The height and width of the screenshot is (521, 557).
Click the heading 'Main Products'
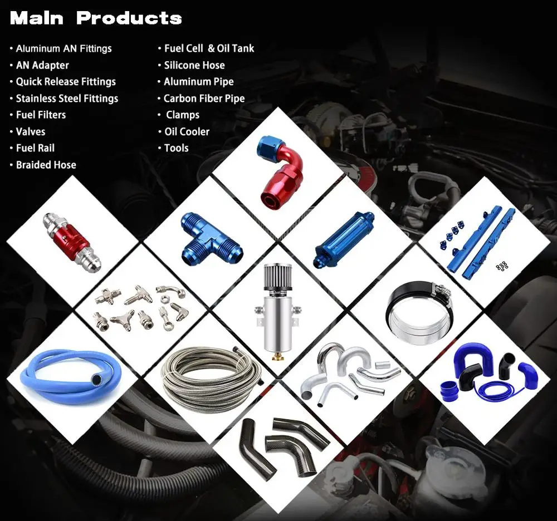pos(96,18)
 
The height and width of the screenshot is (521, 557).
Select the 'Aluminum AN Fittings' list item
pos(63,49)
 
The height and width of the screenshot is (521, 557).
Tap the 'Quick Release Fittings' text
pos(66,82)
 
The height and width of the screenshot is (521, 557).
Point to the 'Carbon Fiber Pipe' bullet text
pos(204,99)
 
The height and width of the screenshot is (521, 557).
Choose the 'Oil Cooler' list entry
pos(187,132)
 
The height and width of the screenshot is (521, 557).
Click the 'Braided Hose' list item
pos(46,165)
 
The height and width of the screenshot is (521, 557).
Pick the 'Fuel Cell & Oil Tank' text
pos(209,49)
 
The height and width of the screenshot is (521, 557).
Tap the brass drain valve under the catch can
pos(276,356)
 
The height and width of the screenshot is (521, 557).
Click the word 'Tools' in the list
pos(176,149)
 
